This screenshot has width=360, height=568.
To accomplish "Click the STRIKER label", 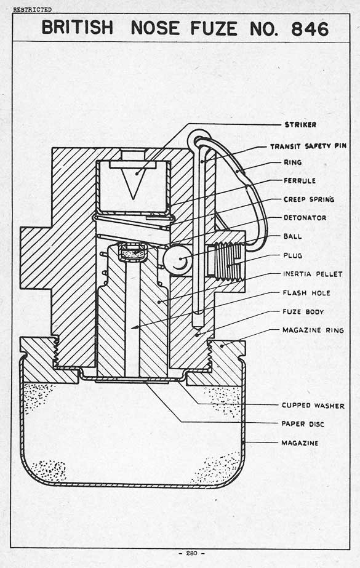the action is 300,124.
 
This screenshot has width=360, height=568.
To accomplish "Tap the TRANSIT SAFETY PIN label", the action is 308,146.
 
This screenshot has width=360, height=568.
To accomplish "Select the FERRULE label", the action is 300,180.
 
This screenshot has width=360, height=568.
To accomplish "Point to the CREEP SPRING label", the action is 309,199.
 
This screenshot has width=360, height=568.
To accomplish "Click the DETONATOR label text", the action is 305,218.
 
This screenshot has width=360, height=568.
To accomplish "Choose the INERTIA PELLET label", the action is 313,274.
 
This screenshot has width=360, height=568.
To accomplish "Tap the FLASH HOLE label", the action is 306,293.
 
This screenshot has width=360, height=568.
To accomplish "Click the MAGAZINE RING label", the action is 313,330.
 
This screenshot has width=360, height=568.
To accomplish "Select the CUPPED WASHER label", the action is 313,406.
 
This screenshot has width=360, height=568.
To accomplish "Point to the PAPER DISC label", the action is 303,424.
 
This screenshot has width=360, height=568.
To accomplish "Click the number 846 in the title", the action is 310,29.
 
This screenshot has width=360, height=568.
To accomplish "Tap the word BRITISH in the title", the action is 78,28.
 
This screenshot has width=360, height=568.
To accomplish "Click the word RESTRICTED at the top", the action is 32,10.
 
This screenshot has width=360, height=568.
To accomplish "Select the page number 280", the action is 191,553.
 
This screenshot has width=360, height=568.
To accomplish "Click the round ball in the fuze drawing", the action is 177,258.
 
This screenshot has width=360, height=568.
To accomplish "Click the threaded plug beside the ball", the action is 225,260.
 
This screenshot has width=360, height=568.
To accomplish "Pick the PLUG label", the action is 293,255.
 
